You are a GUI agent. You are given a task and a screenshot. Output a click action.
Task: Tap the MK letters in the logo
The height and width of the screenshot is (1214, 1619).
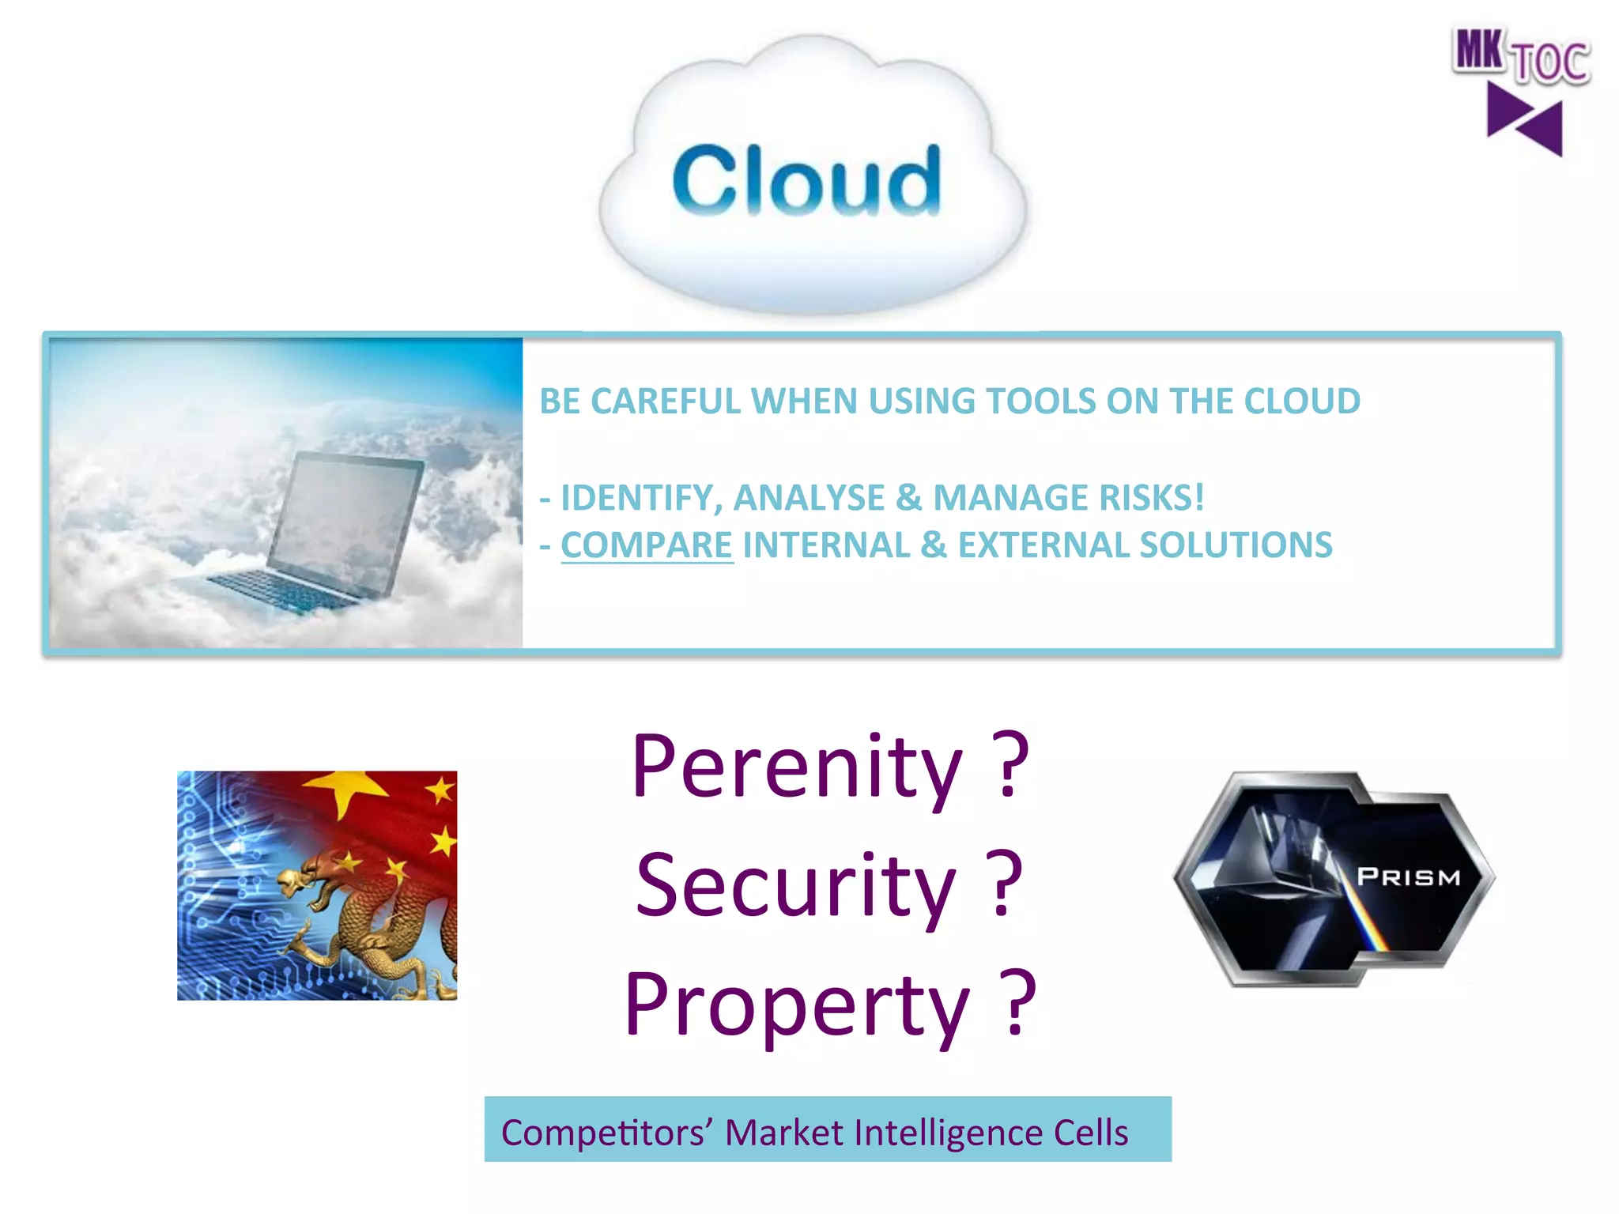pyautogui.click(x=1477, y=51)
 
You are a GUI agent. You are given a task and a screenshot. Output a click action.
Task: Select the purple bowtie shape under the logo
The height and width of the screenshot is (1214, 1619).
pyautogui.click(x=1524, y=121)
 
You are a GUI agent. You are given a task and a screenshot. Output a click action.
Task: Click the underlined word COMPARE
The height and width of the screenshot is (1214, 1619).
pyautogui.click(x=647, y=545)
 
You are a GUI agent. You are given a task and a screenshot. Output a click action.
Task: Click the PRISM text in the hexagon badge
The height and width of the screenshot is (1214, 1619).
pyautogui.click(x=1409, y=877)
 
